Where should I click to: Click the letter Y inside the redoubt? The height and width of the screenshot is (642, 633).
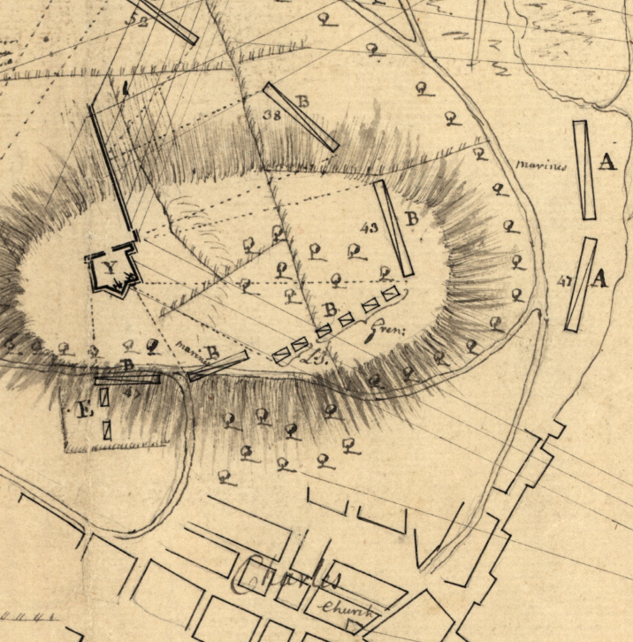pos(110,268)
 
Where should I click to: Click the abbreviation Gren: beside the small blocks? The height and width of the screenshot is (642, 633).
pos(386,329)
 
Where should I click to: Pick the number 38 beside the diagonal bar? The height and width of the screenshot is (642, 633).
pos(272,115)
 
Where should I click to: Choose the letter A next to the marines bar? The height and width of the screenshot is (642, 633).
pos(606,161)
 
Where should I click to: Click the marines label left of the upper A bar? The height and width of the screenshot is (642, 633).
pos(539,164)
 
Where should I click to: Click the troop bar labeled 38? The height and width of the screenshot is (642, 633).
pos(301,116)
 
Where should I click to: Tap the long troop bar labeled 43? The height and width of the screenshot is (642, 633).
pos(393,228)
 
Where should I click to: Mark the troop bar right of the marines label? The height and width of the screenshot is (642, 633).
pos(583,170)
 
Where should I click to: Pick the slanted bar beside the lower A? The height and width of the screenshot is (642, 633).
pos(580,285)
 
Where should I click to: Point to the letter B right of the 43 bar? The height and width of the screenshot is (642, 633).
pos(411,218)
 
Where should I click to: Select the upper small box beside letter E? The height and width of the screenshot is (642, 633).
pos(104,398)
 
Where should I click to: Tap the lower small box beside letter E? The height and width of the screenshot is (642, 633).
pos(106,431)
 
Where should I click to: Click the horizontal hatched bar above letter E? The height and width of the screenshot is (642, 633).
pos(128,378)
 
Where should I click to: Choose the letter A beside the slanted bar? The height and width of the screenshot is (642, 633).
pos(599,279)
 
